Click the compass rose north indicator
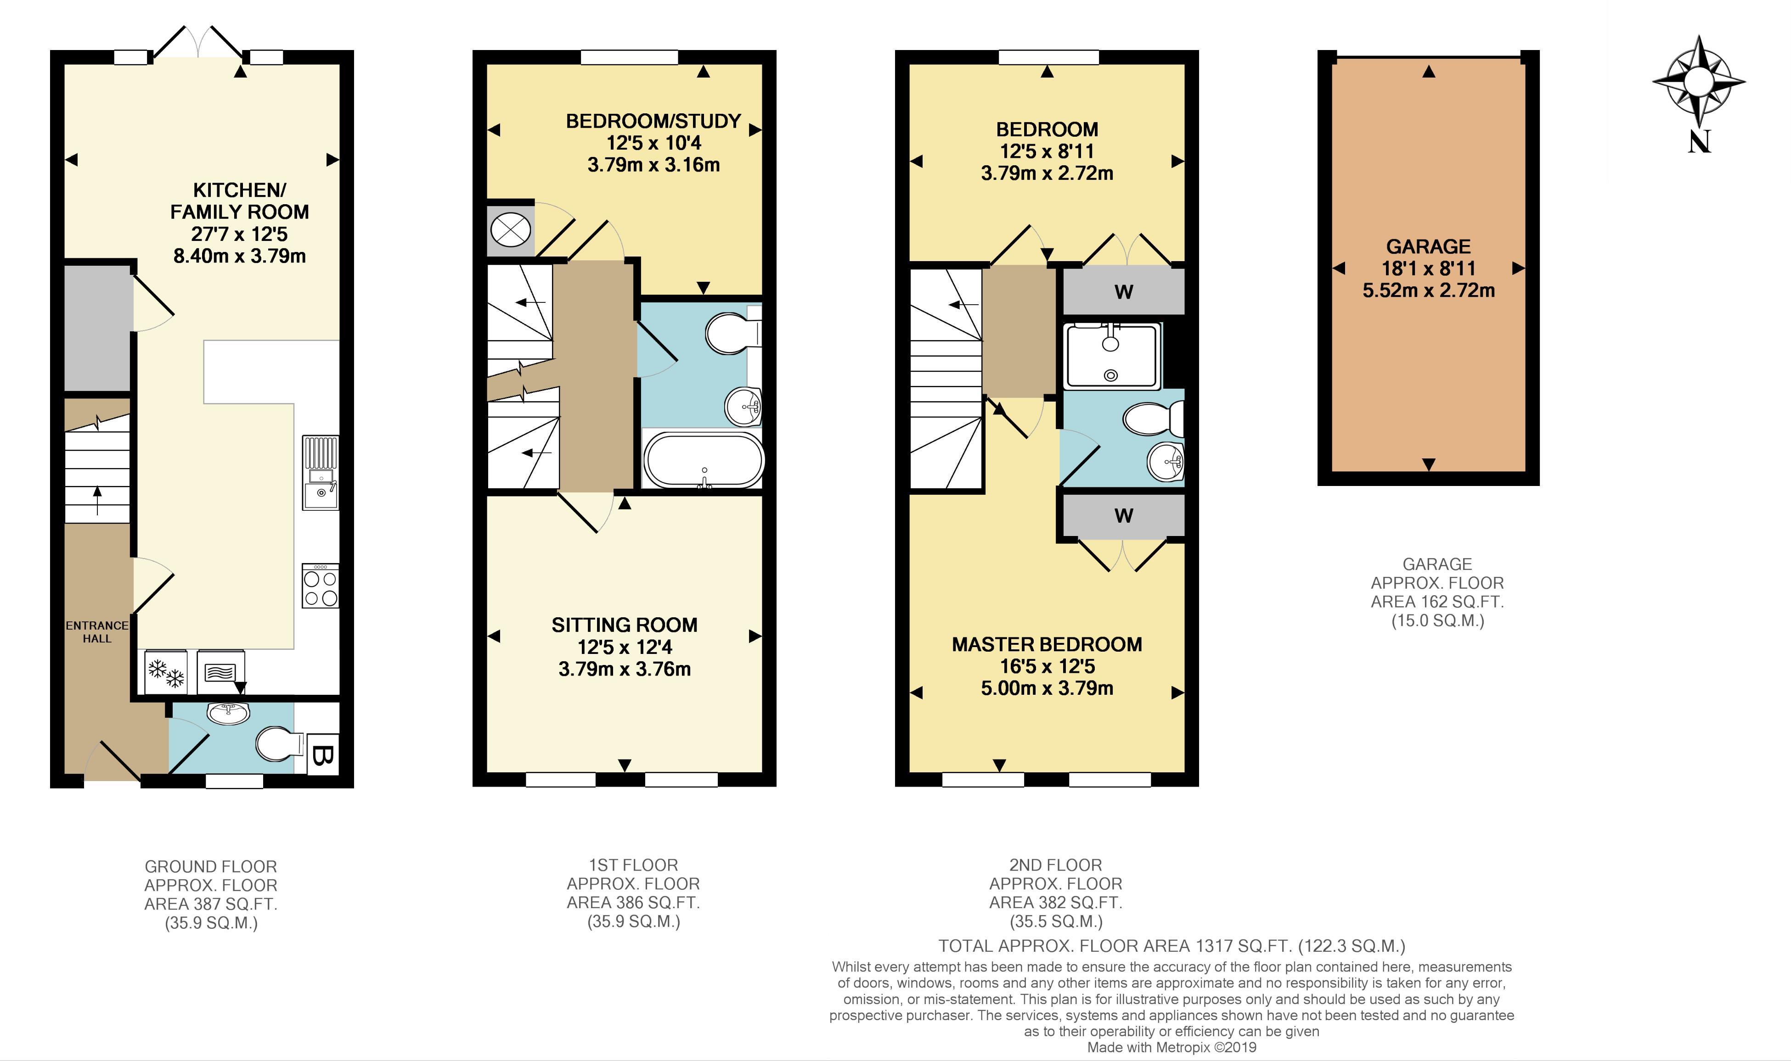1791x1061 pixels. [1699, 82]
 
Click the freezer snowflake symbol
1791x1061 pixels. [166, 672]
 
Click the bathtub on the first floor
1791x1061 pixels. [704, 460]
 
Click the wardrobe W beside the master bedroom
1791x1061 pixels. [1124, 515]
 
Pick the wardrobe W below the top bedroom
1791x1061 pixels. [1124, 291]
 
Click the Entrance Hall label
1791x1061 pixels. [97, 632]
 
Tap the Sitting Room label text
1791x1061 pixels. [625, 625]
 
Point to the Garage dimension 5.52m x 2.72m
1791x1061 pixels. [1428, 290]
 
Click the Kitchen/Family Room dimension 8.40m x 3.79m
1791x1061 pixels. [240, 255]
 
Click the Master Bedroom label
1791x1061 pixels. [1047, 644]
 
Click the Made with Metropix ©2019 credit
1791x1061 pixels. [1171, 1047]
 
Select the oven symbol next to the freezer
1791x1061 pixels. [220, 672]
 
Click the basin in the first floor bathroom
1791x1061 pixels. [744, 407]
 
